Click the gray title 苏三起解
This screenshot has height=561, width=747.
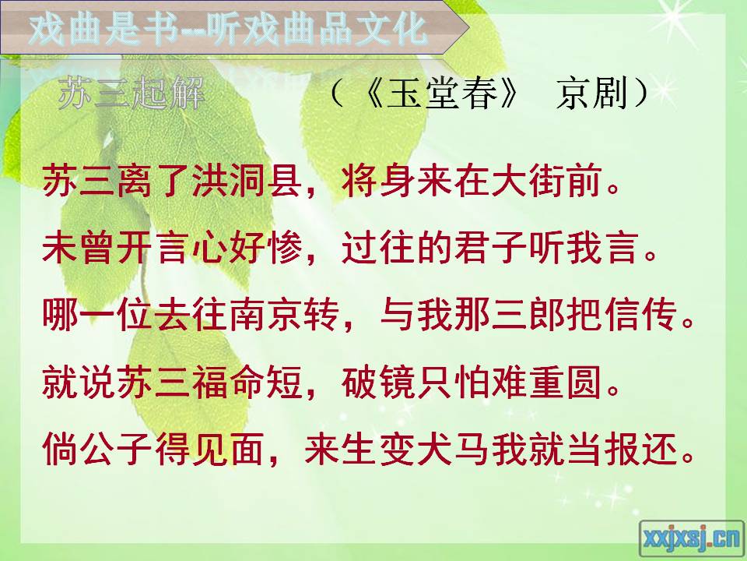[132, 93]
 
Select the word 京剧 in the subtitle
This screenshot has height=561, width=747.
[591, 93]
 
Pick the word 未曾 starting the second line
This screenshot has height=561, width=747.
[79, 248]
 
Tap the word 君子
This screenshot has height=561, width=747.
[491, 248]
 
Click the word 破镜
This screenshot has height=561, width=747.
[378, 383]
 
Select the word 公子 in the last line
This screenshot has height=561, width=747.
[117, 450]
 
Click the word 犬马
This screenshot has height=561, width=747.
[453, 450]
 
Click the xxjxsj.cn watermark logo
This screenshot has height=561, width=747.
[691, 538]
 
